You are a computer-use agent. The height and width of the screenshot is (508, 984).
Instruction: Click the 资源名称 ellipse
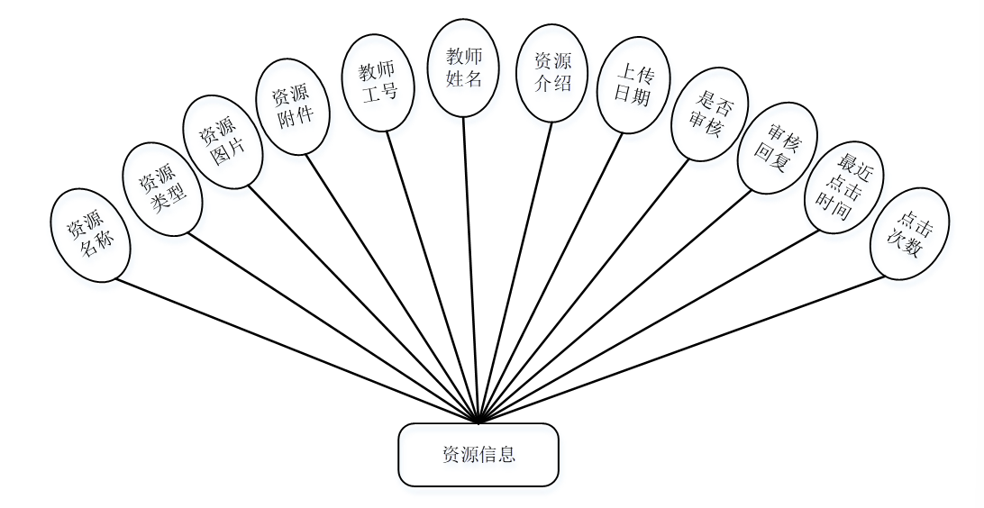click(x=91, y=234)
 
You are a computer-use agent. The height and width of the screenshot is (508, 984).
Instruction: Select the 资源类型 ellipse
click(x=162, y=189)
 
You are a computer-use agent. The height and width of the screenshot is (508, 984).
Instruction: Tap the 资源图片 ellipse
click(x=223, y=142)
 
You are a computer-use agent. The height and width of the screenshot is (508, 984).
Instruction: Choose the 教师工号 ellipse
click(x=378, y=83)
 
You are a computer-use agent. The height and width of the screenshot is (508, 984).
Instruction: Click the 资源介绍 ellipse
click(x=552, y=73)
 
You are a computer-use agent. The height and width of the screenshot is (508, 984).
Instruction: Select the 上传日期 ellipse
click(x=633, y=85)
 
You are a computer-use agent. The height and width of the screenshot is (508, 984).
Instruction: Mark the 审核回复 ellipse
click(x=777, y=148)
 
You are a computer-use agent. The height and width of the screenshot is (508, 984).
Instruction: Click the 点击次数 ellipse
click(x=909, y=233)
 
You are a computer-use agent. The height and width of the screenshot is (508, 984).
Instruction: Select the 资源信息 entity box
click(x=478, y=454)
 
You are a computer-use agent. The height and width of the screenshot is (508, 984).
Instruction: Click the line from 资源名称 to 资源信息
click(x=297, y=351)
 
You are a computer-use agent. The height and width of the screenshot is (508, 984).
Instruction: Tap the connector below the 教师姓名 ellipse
click(x=471, y=270)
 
